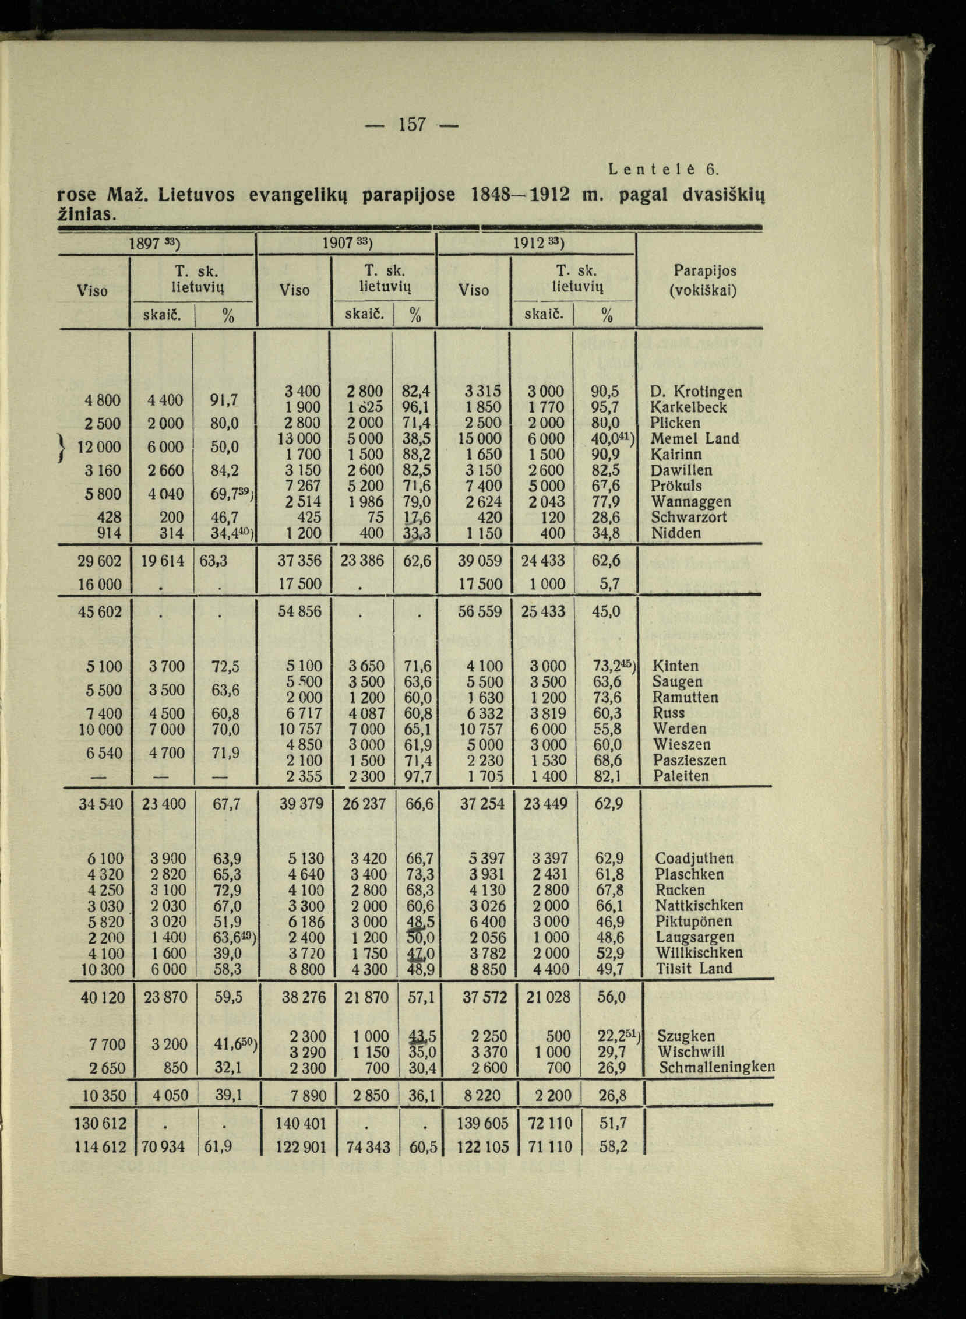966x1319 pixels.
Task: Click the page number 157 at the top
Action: (x=413, y=124)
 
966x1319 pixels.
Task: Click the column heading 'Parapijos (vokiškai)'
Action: (x=704, y=280)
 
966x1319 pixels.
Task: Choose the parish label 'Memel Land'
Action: (x=694, y=438)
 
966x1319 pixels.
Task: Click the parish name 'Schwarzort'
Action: (x=689, y=517)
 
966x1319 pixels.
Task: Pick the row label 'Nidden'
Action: (x=675, y=533)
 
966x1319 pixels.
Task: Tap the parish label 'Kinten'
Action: (x=675, y=666)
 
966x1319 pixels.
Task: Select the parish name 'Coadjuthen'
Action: (x=694, y=859)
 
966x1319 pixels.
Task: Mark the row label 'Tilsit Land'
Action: (x=694, y=969)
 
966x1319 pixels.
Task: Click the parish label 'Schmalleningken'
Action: (x=716, y=1067)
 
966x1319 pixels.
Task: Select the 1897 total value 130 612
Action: (x=99, y=1123)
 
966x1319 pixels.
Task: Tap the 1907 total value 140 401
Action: (x=301, y=1123)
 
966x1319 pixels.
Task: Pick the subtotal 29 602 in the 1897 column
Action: (x=100, y=561)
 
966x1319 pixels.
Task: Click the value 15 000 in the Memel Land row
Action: (x=481, y=439)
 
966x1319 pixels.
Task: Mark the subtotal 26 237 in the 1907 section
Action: (x=364, y=804)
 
